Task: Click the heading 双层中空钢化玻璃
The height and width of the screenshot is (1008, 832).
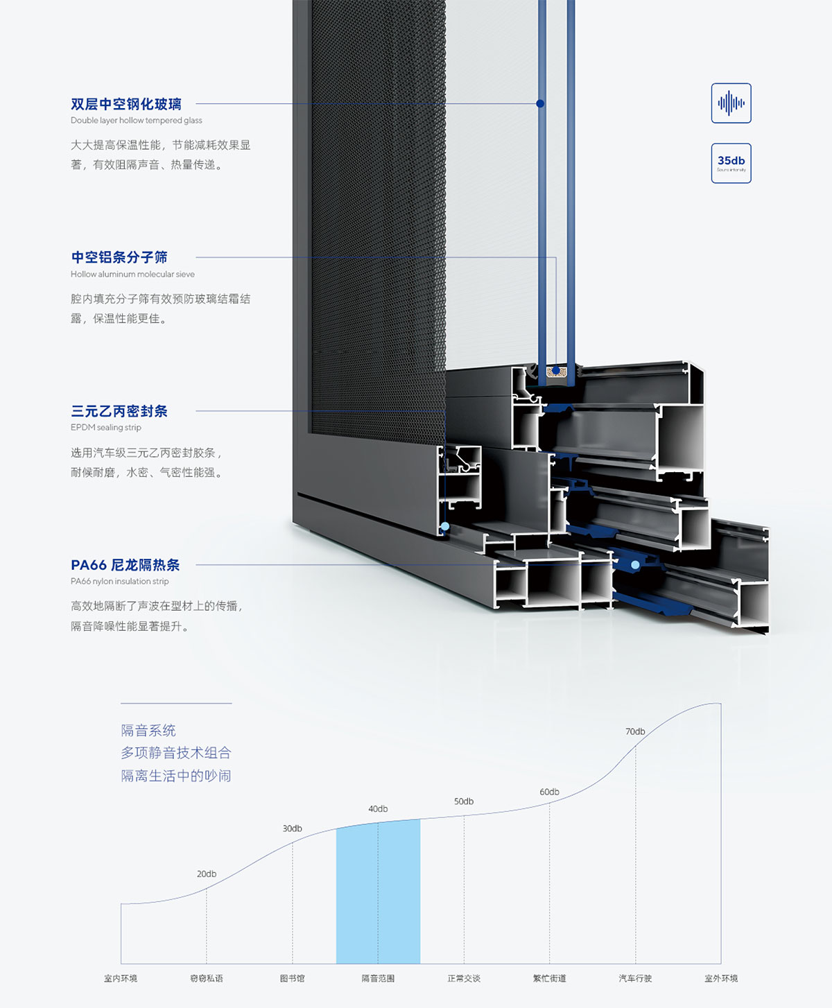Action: tap(126, 104)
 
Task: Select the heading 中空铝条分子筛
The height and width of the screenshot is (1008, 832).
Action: tap(119, 257)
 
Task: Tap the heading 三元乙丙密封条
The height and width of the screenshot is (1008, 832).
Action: tap(119, 411)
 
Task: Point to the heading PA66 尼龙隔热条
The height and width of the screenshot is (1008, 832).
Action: tap(125, 565)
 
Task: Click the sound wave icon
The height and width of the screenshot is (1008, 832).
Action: tap(731, 103)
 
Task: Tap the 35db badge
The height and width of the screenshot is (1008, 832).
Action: tap(731, 163)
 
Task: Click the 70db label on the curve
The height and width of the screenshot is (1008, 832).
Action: tap(635, 731)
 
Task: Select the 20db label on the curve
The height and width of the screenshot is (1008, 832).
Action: tap(207, 874)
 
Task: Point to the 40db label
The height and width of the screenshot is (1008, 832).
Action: tap(378, 809)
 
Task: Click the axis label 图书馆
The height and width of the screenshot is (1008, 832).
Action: tap(292, 978)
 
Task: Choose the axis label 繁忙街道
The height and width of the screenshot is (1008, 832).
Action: tap(549, 978)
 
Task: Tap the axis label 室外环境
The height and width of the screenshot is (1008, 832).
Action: tap(721, 978)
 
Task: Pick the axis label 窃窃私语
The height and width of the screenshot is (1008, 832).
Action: tap(207, 978)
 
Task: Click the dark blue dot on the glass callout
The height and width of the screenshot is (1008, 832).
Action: tap(540, 103)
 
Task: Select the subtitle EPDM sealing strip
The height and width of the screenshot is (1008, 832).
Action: tap(106, 427)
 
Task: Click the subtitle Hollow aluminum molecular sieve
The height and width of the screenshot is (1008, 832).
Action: tap(132, 274)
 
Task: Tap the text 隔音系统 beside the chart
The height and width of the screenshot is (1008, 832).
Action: tap(148, 730)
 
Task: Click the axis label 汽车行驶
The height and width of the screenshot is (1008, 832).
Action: tap(635, 978)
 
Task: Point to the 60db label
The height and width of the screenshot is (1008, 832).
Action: tap(549, 792)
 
